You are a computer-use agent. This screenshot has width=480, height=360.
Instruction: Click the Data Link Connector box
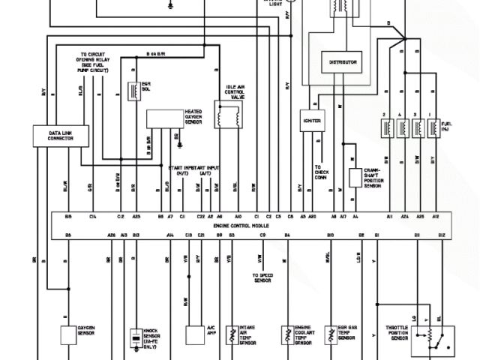60,136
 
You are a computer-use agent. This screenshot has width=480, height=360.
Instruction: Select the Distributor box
343,62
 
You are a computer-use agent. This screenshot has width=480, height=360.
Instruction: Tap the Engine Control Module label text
240,226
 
